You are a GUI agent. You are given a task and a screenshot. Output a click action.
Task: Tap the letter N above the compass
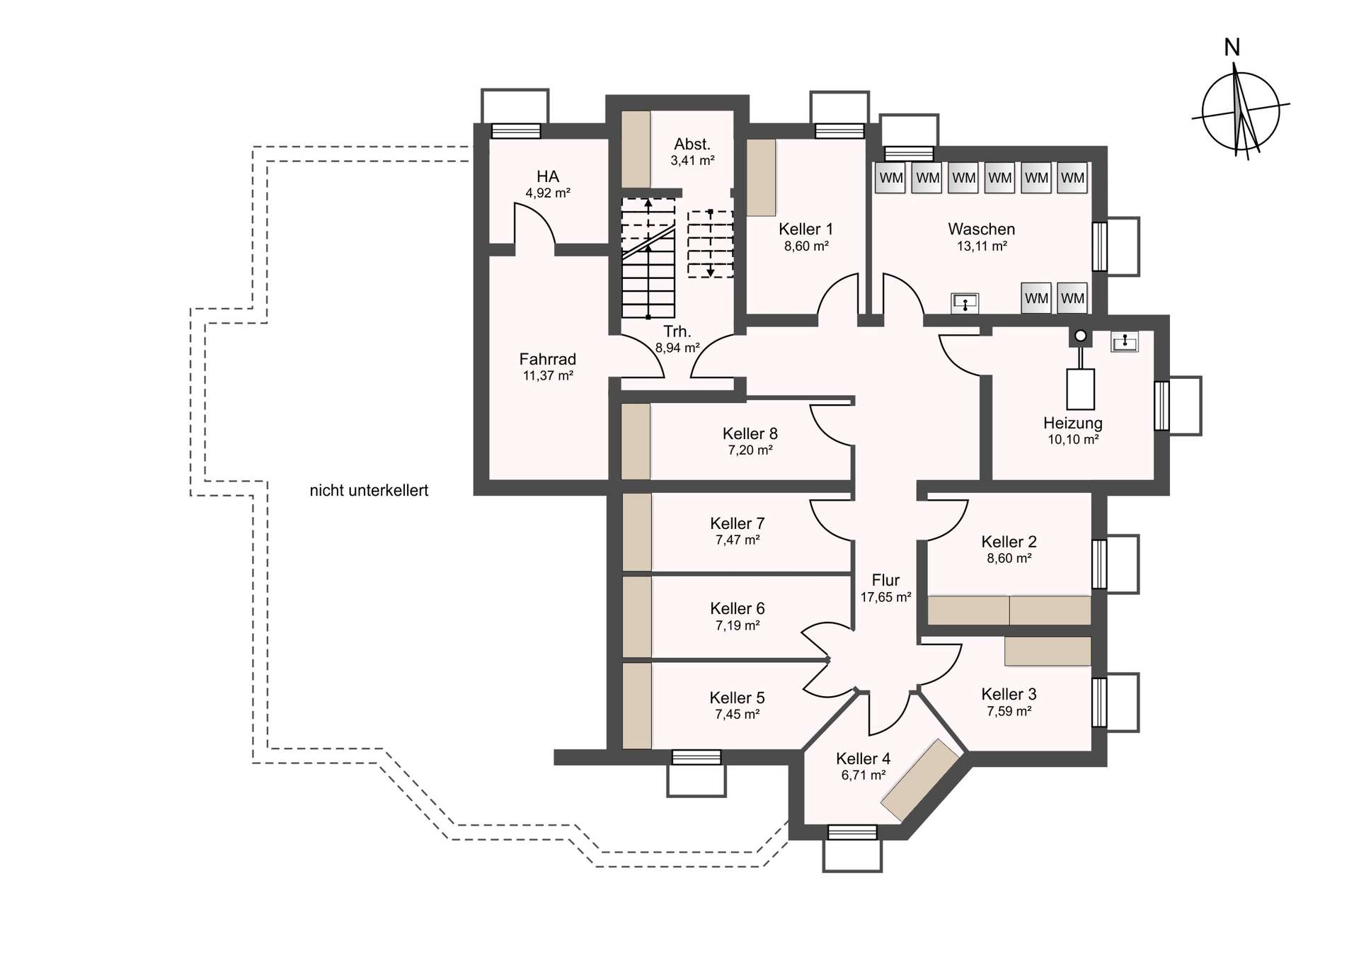(1232, 47)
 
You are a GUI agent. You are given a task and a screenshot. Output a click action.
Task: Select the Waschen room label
(981, 229)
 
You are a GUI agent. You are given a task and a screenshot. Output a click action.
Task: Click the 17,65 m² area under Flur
(885, 598)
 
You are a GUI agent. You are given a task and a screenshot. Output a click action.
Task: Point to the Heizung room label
(1072, 423)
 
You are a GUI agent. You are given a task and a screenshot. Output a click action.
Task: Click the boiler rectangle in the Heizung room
(1080, 389)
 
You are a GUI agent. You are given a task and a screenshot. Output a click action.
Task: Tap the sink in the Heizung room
(1124, 342)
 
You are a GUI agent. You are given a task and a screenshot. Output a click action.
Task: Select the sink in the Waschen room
(964, 303)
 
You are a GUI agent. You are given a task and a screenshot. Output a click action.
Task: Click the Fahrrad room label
(548, 360)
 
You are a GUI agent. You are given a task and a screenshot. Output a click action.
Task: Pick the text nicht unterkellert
(369, 491)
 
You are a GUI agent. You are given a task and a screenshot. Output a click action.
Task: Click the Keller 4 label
(864, 759)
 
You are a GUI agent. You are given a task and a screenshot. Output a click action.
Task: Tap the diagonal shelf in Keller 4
(919, 780)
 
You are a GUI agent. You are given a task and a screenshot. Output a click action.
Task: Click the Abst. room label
(692, 144)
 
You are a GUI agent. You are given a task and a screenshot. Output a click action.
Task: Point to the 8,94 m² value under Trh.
(677, 348)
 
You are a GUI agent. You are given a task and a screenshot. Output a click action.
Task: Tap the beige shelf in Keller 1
(762, 177)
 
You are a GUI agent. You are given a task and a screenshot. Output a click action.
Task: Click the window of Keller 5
(696, 758)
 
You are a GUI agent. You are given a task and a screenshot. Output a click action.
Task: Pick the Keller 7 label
(737, 524)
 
